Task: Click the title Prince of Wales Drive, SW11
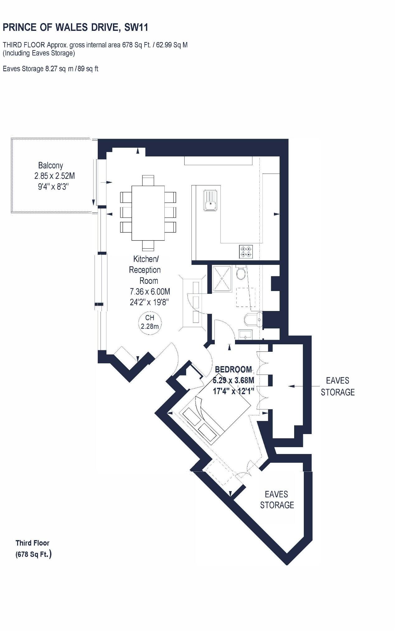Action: [x=75, y=28]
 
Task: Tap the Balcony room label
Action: [x=50, y=165]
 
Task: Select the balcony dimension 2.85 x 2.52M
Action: [x=54, y=176]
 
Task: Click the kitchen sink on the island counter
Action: [x=210, y=200]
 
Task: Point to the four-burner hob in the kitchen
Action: [x=246, y=251]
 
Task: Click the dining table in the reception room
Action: [x=148, y=213]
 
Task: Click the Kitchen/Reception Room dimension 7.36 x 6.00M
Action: [x=150, y=292]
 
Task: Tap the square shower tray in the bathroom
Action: [x=222, y=278]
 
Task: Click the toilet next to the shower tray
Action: [x=241, y=274]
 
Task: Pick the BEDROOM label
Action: [x=233, y=370]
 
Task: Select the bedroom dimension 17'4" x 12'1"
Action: [x=233, y=391]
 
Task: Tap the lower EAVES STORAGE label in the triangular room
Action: [x=277, y=500]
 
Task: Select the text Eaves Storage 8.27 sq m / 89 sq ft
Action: [x=50, y=69]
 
